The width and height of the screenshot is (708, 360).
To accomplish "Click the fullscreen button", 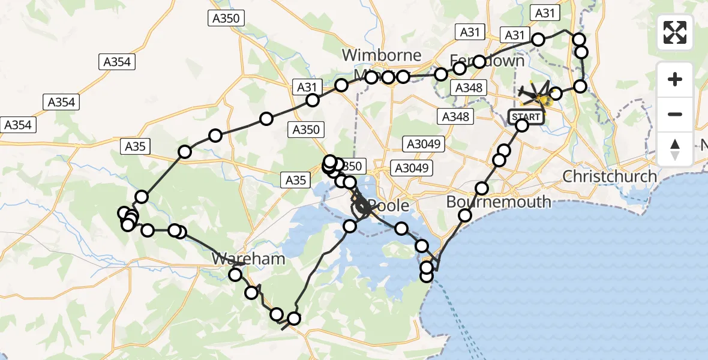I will (675, 32).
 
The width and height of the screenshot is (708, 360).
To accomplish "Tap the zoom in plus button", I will (675, 79).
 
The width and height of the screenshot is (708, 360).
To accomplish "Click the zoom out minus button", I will (675, 114).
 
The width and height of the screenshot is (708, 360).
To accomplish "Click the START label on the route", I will (526, 116).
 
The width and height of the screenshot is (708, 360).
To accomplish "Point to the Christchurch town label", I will (610, 176).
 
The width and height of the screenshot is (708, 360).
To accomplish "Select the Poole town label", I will (388, 206).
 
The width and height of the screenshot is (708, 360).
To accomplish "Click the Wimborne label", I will (382, 55).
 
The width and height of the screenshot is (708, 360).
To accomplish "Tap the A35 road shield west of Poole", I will (295, 179).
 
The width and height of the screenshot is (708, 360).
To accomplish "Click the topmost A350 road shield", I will (226, 18).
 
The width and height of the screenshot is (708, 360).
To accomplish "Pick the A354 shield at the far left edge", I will (19, 125).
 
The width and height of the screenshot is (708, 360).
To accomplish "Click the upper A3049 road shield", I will (424, 144).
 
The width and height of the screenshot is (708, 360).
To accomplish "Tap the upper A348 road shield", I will (469, 88).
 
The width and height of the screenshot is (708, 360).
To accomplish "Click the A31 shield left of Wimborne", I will (306, 88).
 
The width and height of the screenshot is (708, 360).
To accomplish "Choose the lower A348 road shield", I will (455, 116).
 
